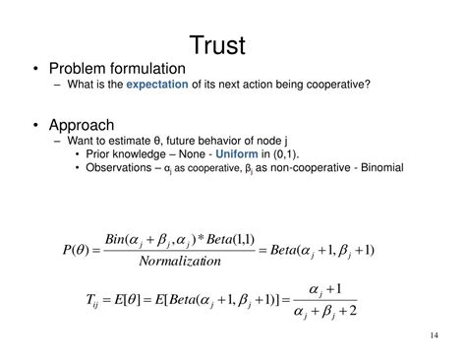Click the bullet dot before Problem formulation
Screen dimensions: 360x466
coord(36,69)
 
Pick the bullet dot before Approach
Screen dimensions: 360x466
coord(36,125)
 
